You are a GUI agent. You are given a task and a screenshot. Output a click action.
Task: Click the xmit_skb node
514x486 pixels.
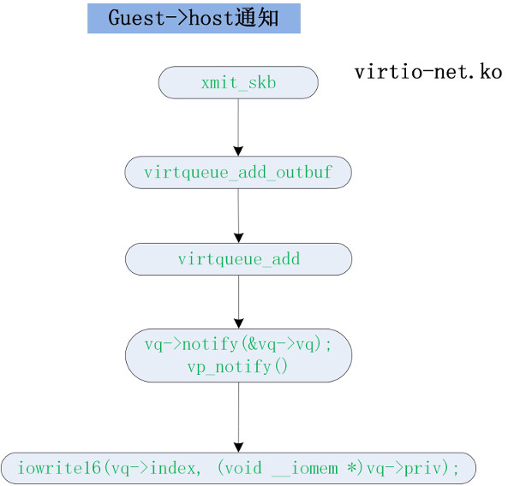click(238, 83)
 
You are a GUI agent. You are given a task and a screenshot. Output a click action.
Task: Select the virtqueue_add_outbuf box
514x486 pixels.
click(238, 172)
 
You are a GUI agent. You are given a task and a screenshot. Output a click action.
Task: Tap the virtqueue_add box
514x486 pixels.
click(238, 258)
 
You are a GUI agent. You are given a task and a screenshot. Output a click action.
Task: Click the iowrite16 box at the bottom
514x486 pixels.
click(238, 468)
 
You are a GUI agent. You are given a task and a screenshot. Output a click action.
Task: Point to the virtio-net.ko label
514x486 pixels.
click(428, 72)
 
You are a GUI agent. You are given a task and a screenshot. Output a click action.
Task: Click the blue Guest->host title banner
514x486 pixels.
click(194, 18)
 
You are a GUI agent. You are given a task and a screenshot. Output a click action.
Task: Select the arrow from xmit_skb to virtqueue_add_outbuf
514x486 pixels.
click(238, 127)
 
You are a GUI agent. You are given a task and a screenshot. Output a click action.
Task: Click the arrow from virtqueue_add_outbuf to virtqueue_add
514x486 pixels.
click(238, 215)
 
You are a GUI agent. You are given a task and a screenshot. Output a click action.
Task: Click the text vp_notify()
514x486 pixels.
click(238, 367)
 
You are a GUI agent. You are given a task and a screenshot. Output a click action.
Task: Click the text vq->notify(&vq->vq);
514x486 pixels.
click(238, 346)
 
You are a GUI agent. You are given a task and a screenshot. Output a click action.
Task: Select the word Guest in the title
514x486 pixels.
click(129, 18)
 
